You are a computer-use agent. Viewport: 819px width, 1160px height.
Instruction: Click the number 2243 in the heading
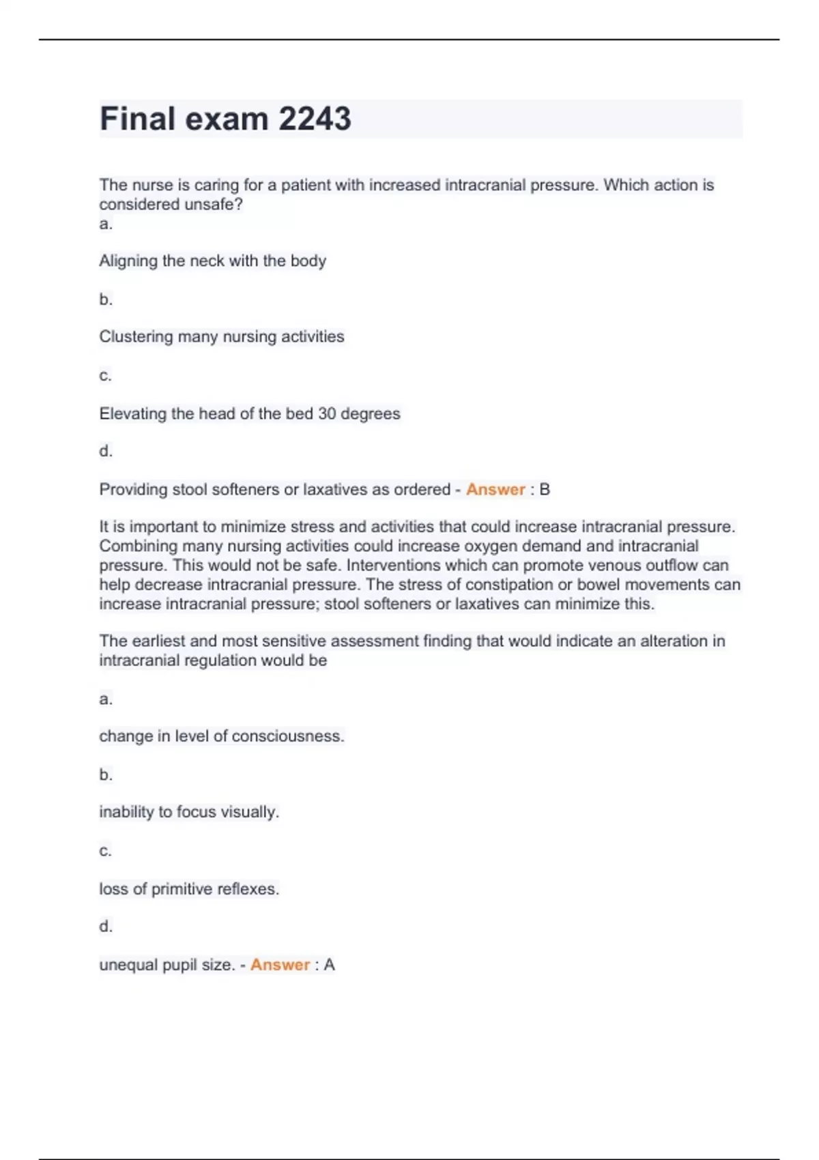pos(315,119)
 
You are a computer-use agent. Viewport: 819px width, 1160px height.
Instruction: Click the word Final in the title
pos(137,119)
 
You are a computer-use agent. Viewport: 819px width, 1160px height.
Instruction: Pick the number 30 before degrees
pos(327,414)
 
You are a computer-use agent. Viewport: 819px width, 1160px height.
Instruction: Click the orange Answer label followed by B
pos(495,489)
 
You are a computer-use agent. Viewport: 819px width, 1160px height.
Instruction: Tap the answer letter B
pos(545,489)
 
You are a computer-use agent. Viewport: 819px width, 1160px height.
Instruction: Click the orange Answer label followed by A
pos(280,965)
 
